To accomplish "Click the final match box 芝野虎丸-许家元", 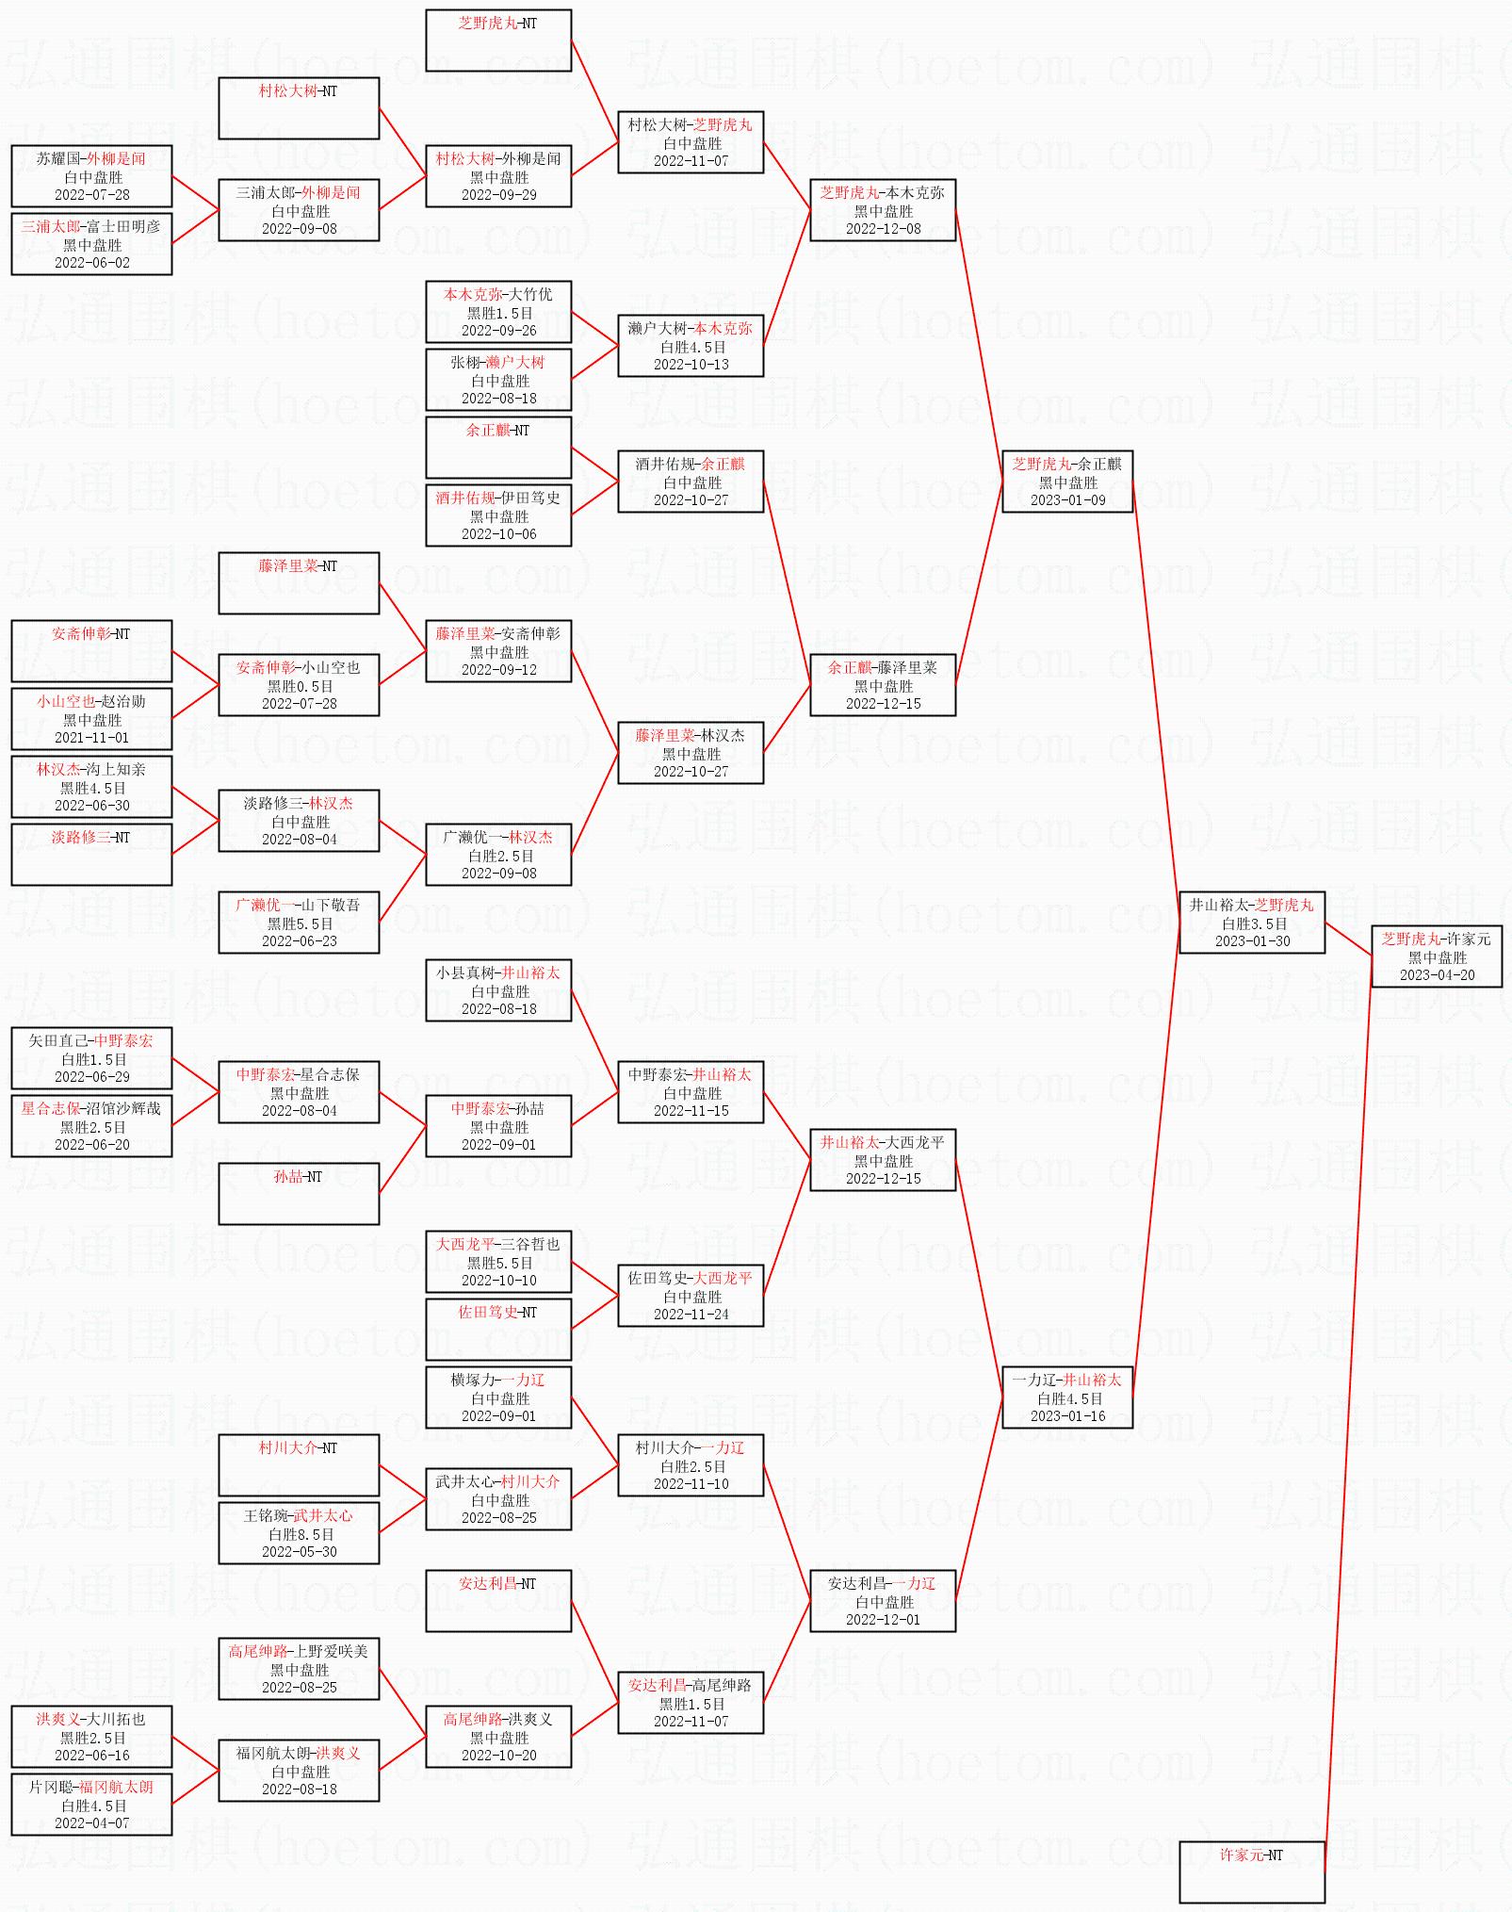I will point(1436,956).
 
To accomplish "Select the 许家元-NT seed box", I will point(1251,1871).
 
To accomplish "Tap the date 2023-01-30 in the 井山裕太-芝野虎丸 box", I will point(1252,940).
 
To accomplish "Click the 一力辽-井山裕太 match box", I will point(1066,1397).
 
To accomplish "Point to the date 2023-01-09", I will point(1067,499).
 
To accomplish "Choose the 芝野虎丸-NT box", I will point(497,40).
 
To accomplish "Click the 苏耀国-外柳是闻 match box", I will point(91,175).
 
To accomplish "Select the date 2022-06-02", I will point(91,262).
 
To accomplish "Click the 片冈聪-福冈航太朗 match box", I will point(91,1804).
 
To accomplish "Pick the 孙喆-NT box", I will point(299,1193).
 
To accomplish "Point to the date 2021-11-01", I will point(91,737).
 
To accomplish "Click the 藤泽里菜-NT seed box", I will point(299,582).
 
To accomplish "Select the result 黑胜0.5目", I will point(300,686).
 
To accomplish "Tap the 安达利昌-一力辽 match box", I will point(883,1600).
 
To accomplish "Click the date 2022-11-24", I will point(691,1314).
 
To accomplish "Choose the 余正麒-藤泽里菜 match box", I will point(883,684).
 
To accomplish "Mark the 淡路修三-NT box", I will point(91,854).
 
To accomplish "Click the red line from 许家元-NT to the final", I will point(1348,1414).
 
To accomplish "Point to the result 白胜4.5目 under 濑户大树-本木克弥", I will point(691,347).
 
